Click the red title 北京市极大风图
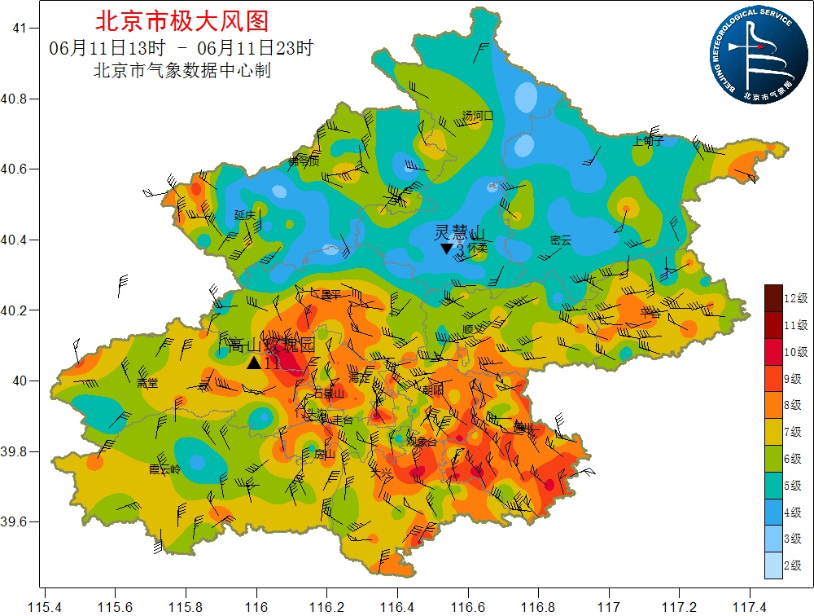click(182, 20)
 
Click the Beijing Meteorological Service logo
click(757, 55)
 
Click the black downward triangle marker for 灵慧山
click(446, 249)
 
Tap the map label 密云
click(561, 240)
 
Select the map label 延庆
click(245, 215)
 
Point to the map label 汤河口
click(478, 116)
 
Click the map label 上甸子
click(649, 140)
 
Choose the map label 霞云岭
click(165, 469)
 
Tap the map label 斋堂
click(147, 382)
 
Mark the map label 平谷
click(650, 312)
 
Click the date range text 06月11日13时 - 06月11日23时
click(181, 48)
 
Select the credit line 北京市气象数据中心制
click(182, 71)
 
